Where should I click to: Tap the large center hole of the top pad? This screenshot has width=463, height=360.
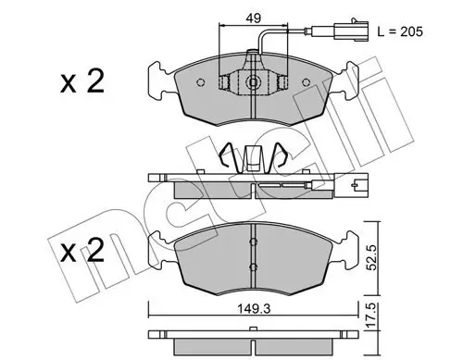[x=255, y=82]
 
